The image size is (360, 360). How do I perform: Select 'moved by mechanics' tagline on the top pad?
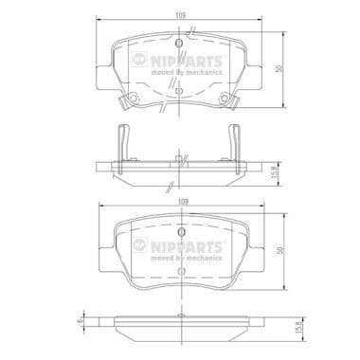click(x=189, y=74)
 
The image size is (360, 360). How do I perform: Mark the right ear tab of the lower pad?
click(x=257, y=254)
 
